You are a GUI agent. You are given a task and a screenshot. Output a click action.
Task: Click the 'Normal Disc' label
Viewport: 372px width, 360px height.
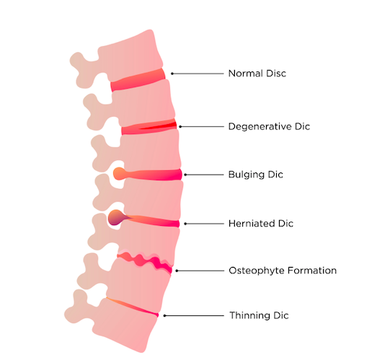(x=257, y=74)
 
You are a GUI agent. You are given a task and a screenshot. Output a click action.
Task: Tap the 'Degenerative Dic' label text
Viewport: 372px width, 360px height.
(x=269, y=126)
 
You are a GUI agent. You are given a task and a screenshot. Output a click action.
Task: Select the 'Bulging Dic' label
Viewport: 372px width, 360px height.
(x=256, y=175)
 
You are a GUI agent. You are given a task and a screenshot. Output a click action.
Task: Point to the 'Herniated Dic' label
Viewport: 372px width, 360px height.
(x=261, y=224)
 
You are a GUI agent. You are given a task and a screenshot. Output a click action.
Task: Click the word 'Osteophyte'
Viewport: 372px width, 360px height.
(x=257, y=271)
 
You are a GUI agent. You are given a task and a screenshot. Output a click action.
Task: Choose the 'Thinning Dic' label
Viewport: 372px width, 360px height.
(x=259, y=315)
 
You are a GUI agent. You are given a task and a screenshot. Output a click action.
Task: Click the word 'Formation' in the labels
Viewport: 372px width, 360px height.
(x=312, y=271)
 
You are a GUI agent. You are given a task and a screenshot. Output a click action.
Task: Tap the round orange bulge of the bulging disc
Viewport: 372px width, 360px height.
(x=119, y=174)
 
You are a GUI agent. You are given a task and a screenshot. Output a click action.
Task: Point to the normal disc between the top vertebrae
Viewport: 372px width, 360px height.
(x=138, y=80)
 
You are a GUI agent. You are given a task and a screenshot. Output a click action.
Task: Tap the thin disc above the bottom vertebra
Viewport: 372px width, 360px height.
(x=133, y=307)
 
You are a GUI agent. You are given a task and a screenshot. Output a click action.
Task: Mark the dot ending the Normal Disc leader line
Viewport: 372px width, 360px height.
(x=172, y=74)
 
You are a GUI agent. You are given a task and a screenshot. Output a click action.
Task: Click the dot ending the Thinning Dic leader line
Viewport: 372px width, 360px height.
(x=164, y=315)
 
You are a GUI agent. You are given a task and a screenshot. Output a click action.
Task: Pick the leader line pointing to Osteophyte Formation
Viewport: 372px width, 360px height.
(x=200, y=271)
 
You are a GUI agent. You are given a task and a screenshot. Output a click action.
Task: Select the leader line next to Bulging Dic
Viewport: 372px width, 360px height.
(x=204, y=175)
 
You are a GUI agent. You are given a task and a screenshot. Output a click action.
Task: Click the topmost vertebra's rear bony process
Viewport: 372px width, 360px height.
(x=84, y=70)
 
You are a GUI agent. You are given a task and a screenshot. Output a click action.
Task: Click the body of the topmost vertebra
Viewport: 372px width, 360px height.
(x=132, y=58)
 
